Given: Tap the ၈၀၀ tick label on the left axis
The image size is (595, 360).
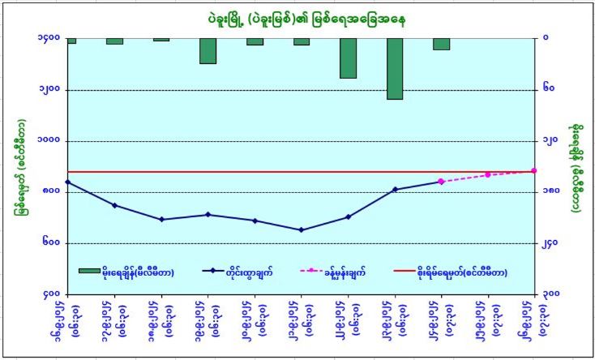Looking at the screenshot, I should click(50, 192).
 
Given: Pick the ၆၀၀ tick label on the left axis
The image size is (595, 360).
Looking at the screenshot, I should click(50, 243).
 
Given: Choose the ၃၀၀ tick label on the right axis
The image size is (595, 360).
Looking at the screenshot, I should click(550, 294).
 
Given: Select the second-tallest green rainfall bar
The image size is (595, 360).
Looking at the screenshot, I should click(348, 58).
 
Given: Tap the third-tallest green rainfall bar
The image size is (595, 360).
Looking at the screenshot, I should click(208, 51).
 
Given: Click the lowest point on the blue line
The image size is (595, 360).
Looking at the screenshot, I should click(302, 229).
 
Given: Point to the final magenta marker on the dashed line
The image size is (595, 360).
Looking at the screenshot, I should click(533, 170).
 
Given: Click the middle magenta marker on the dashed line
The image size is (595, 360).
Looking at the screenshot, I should click(487, 174).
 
